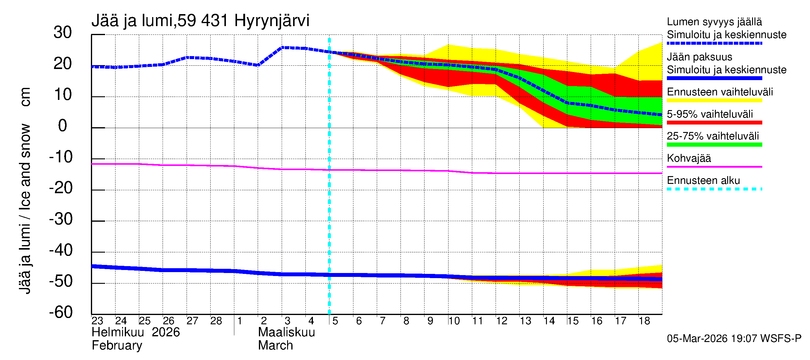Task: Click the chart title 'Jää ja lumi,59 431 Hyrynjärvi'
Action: (x=200, y=21)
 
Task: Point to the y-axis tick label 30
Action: (x=63, y=32)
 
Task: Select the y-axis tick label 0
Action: (x=63, y=126)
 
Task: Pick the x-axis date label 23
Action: (x=97, y=321)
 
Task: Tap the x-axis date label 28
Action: (x=216, y=321)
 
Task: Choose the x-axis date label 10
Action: (x=454, y=321)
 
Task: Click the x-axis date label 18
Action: (x=644, y=321)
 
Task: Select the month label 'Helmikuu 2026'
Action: (x=136, y=332)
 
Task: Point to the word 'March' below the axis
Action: (x=275, y=346)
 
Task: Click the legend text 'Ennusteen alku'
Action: (x=703, y=181)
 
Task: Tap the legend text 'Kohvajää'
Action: (x=689, y=158)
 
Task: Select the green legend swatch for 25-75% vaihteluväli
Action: (x=714, y=145)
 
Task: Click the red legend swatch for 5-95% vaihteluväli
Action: (x=714, y=123)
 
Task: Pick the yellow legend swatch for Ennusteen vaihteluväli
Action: (x=714, y=100)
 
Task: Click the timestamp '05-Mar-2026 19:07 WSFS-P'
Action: (x=734, y=339)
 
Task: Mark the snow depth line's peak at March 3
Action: (x=282, y=47)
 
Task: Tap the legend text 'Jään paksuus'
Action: (x=700, y=57)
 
